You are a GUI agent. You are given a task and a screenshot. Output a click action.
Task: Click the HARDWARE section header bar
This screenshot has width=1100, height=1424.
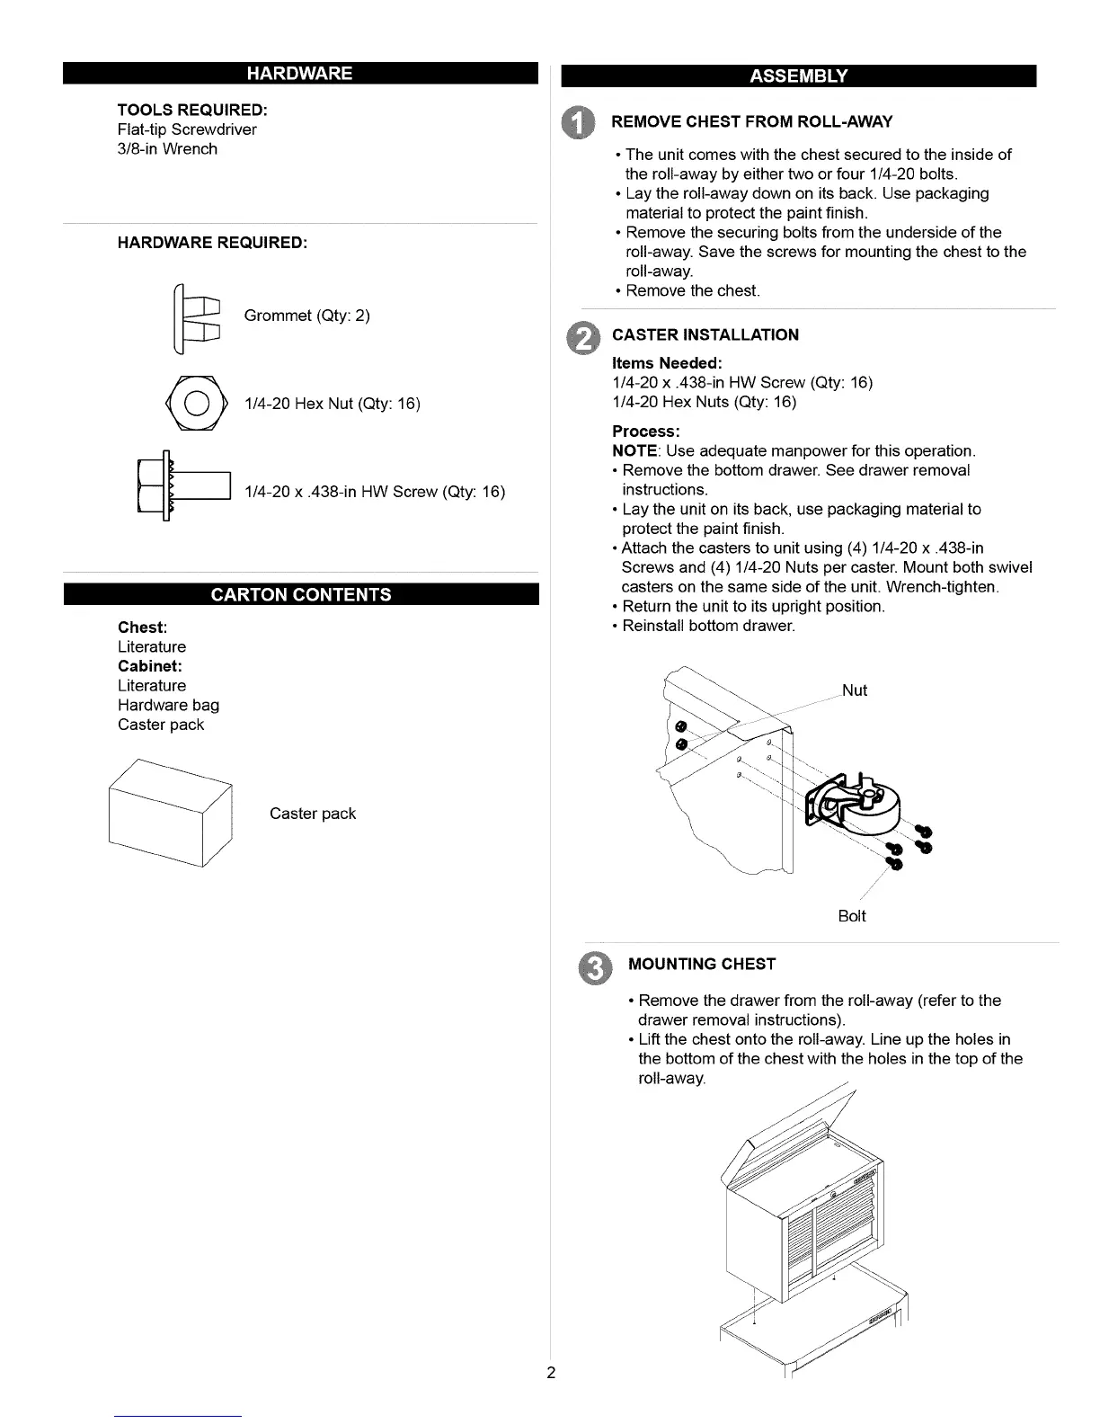pyautogui.click(x=300, y=73)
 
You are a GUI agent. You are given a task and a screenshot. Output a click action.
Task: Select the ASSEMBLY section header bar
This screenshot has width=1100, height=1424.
pyautogui.click(x=798, y=76)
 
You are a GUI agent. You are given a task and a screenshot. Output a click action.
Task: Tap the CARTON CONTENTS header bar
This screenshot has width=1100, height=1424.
pyautogui.click(x=300, y=594)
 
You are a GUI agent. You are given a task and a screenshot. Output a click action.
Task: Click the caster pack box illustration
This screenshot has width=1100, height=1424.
pyautogui.click(x=170, y=813)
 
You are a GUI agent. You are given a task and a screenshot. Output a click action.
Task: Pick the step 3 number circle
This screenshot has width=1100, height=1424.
pyautogui.click(x=594, y=966)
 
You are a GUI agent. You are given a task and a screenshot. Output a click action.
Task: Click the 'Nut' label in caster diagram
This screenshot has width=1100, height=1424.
pyautogui.click(x=855, y=690)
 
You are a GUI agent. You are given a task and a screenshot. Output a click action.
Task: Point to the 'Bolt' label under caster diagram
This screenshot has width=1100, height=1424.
pyautogui.click(x=851, y=916)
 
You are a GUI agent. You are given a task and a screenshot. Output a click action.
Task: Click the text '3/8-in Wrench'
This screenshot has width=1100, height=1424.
pyautogui.click(x=167, y=149)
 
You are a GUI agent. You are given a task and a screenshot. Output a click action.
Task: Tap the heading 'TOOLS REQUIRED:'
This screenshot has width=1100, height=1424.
pyautogui.click(x=192, y=110)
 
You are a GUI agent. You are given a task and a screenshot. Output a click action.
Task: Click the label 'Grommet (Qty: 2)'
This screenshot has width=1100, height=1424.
pyautogui.click(x=306, y=316)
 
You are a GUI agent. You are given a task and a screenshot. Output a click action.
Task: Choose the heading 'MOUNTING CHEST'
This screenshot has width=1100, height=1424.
pyautogui.click(x=701, y=965)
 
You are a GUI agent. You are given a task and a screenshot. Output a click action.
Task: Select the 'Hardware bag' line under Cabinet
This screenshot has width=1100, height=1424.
pyautogui.click(x=168, y=705)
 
